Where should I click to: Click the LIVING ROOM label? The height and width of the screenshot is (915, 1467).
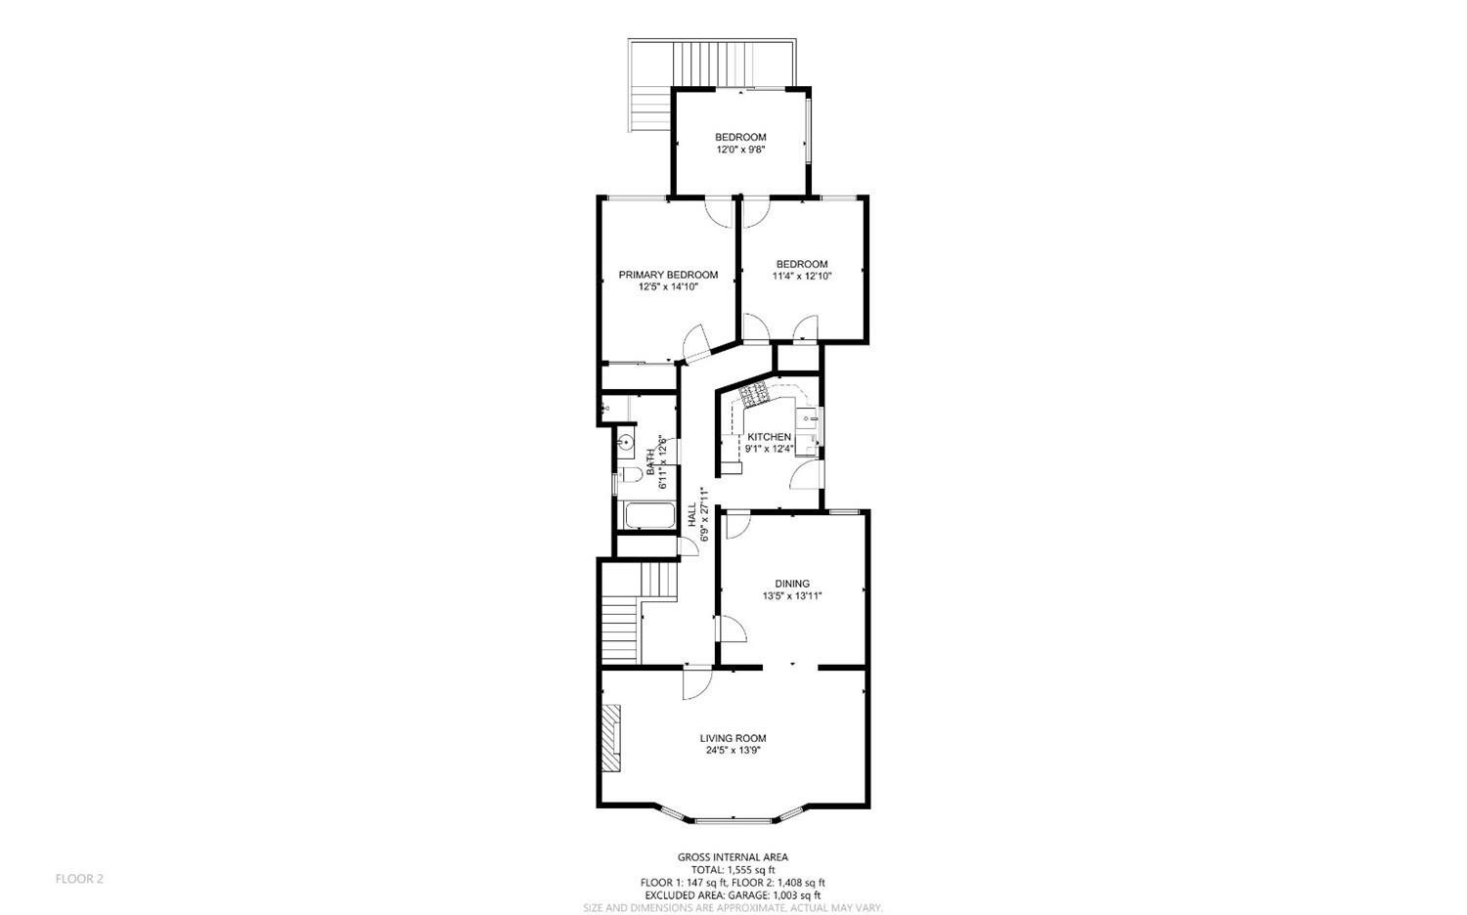tap(733, 738)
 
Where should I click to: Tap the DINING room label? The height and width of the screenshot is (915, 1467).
tap(792, 584)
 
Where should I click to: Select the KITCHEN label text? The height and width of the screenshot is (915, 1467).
tap(770, 437)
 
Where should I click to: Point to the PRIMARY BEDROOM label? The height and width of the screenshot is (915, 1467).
tap(668, 275)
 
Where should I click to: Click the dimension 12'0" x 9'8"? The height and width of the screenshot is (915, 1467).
tap(740, 150)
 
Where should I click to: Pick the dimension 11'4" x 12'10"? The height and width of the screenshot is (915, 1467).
tap(802, 277)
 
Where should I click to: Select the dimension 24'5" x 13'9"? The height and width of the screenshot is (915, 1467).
tap(733, 751)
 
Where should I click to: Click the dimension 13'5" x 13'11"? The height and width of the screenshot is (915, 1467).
tap(792, 595)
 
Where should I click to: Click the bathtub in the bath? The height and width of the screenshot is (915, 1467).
tap(649, 515)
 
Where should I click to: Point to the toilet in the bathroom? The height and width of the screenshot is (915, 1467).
tap(630, 474)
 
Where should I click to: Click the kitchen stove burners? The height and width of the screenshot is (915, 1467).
tap(753, 395)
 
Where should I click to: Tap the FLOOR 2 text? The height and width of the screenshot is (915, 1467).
tap(79, 879)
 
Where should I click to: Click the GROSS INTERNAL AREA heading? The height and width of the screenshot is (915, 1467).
tap(733, 856)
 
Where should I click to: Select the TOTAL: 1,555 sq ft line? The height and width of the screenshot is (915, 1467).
tap(733, 870)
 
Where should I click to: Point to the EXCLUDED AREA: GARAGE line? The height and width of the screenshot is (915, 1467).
tap(733, 895)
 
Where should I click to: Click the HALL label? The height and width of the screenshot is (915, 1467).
tap(691, 514)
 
